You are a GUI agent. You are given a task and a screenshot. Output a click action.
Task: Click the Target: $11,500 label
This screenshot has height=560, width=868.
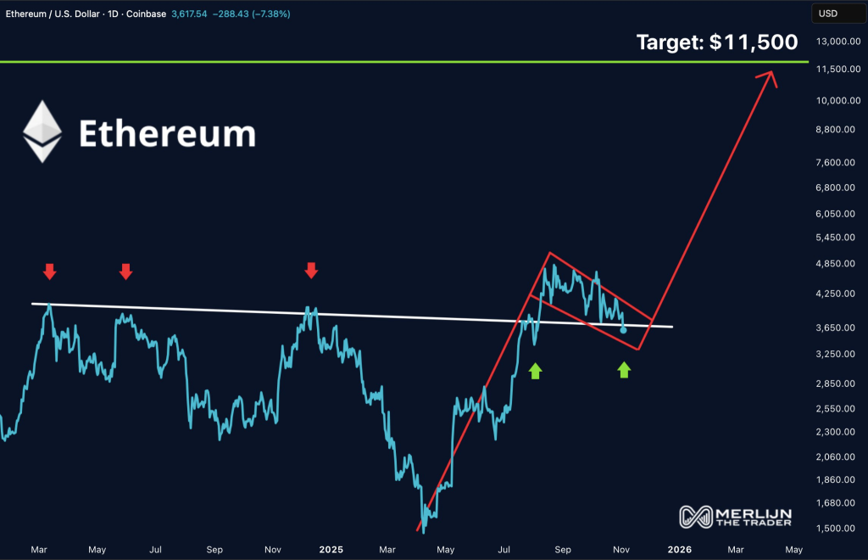(x=717, y=42)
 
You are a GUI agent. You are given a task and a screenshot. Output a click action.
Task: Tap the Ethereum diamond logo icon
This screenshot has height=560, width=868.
(x=42, y=132)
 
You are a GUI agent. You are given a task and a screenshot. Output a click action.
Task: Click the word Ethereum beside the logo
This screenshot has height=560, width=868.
(x=167, y=133)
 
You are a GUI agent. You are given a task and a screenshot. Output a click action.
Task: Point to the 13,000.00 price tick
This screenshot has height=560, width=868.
(x=832, y=42)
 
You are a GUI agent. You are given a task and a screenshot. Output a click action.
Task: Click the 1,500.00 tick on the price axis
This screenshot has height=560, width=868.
(x=832, y=529)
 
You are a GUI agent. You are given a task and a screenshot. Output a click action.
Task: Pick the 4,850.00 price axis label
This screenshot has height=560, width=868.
(x=832, y=264)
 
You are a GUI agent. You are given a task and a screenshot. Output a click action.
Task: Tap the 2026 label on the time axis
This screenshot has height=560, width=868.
(x=679, y=549)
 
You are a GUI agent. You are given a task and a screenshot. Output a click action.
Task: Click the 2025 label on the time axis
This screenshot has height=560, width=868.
(x=331, y=549)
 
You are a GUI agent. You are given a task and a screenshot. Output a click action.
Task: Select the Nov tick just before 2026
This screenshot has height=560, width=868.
(x=621, y=549)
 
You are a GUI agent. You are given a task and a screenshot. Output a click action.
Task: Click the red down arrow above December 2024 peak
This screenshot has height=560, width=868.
(x=311, y=271)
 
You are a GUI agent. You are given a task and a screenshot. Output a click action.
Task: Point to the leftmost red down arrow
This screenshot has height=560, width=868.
(x=50, y=272)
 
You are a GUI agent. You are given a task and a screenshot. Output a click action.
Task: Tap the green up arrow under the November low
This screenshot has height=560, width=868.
(x=624, y=369)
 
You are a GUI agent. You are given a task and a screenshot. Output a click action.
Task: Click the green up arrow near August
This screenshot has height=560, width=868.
(x=535, y=370)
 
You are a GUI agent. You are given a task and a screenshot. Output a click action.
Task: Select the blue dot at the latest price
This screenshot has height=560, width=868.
(x=624, y=329)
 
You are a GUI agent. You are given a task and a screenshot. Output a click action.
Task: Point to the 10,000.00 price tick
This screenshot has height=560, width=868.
(x=832, y=100)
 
